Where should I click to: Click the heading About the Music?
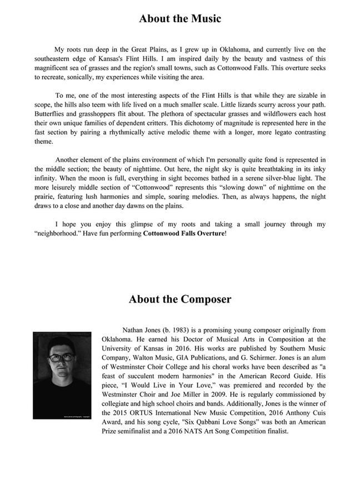tap(180, 18)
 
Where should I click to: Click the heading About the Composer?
tap(180, 299)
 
